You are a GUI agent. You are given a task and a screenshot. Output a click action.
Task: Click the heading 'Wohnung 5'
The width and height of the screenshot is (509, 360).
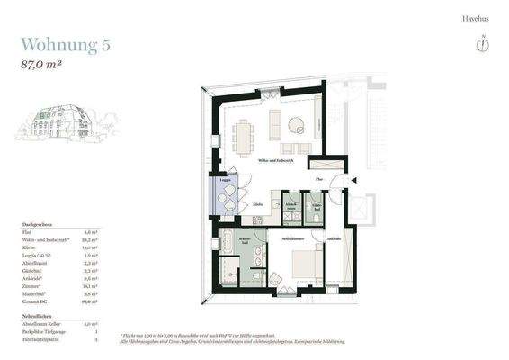pyautogui.click(x=66, y=45)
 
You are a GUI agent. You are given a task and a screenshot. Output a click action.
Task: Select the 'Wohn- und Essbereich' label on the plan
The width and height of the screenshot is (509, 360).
pyautogui.click(x=276, y=160)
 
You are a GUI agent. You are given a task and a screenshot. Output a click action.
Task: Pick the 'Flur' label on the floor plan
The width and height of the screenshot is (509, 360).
pyautogui.click(x=319, y=180)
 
